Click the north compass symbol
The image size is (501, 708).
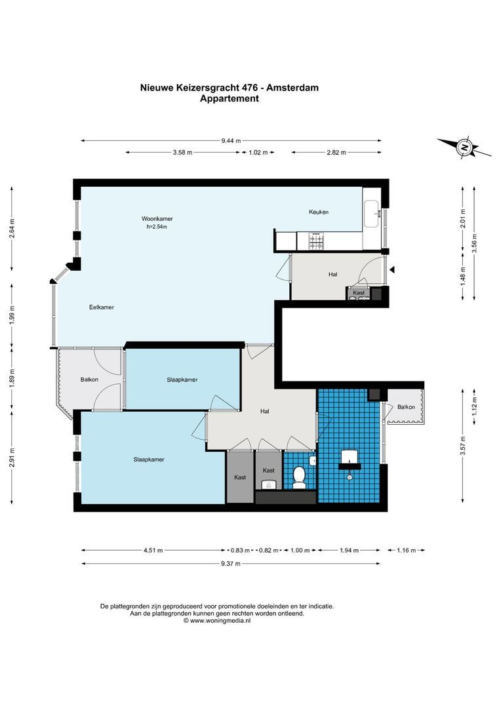464,147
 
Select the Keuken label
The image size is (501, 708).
319,212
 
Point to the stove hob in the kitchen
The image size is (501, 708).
316,241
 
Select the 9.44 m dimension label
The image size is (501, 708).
231,140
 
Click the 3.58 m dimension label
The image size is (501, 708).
182,153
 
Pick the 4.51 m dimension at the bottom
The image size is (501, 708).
153,551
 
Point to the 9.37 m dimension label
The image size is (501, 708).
231,563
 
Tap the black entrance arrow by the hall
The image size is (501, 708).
392,269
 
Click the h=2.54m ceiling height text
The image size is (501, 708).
157,227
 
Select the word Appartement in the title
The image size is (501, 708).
229,99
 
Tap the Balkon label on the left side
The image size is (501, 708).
90,380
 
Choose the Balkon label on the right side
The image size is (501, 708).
407,407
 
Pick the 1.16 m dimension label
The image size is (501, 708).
407,551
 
